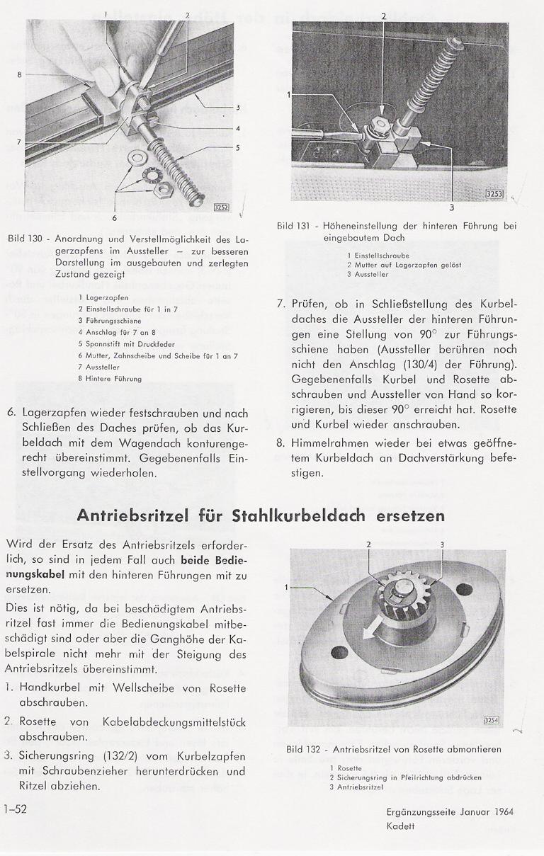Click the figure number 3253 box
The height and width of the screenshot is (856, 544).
[494, 193]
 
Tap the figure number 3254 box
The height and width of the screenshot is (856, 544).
[492, 720]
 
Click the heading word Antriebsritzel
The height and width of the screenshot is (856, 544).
[151, 515]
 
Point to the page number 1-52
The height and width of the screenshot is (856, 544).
[15, 811]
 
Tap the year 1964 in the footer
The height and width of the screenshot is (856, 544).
[501, 812]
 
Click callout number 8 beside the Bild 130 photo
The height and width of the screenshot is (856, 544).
[20, 74]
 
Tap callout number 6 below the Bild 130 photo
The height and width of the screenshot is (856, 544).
[115, 217]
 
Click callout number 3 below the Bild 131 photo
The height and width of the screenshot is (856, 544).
[451, 207]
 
